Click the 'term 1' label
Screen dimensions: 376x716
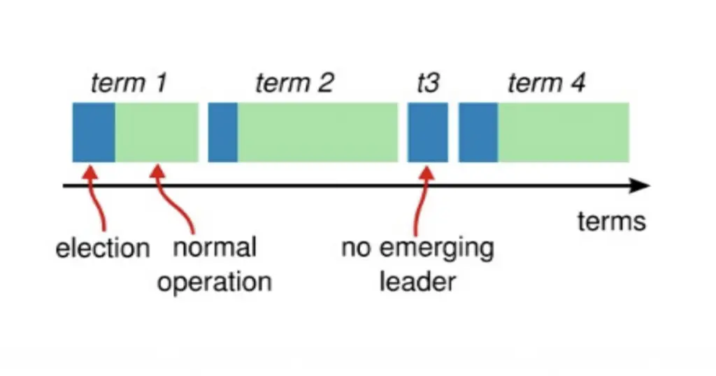coord(129,84)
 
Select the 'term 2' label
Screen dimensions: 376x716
coord(294,84)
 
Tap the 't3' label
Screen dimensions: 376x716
coord(427,84)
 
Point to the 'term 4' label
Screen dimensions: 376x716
coord(546,84)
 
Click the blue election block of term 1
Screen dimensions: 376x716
coord(94,132)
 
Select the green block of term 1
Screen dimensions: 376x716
coord(157,132)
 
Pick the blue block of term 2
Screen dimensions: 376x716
coord(222,132)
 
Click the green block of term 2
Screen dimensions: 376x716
coord(317,132)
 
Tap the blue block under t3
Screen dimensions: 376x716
coord(428,132)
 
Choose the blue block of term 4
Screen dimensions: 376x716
coord(478,132)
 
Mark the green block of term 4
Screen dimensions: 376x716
coord(563,132)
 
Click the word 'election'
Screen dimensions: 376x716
coord(103,248)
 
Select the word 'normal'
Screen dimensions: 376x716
coord(215,247)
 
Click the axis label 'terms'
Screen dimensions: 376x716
coord(611,222)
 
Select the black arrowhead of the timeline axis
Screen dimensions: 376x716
coord(640,187)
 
